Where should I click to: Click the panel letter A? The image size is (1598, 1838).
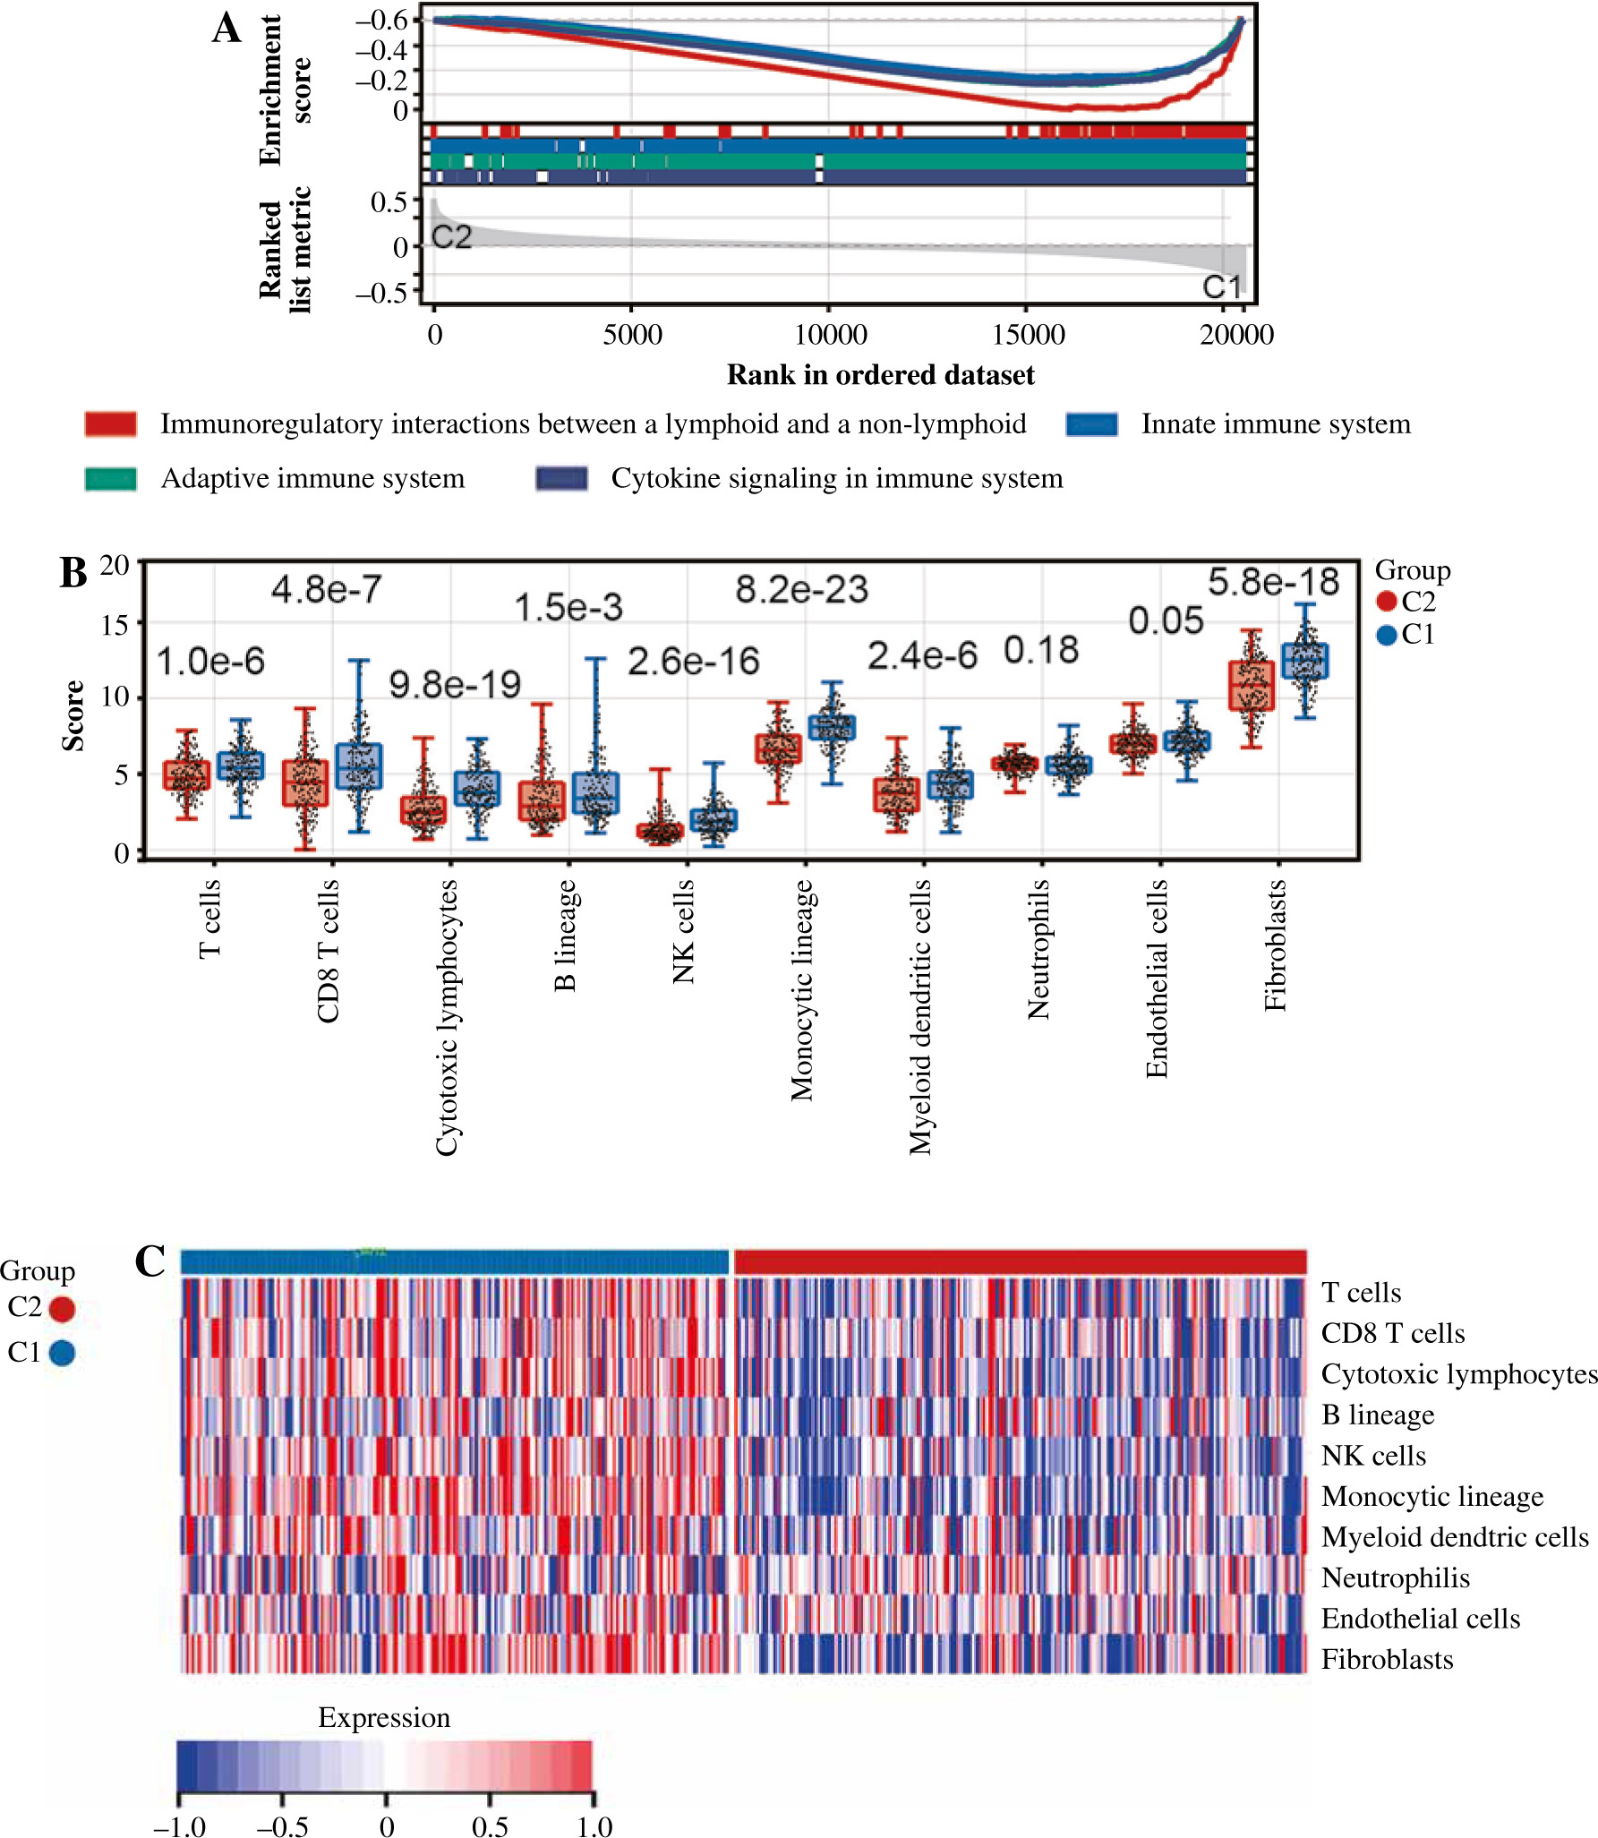[x=226, y=29]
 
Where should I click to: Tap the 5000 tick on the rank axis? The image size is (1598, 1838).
[x=632, y=335]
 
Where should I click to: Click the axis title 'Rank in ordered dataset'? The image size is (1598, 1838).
[x=880, y=374]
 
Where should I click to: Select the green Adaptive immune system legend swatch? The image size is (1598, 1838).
[x=111, y=479]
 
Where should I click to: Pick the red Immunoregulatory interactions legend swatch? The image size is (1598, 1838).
[x=111, y=423]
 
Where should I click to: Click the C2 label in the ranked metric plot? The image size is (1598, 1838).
[x=451, y=237]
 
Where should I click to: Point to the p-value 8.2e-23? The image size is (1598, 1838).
[x=801, y=590]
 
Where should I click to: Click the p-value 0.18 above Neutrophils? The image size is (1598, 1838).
[x=1041, y=651]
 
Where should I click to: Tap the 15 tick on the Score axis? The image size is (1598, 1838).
[x=115, y=624]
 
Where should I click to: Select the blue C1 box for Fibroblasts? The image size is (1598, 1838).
[x=1305, y=661]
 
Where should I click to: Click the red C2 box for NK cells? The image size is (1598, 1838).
[x=660, y=832]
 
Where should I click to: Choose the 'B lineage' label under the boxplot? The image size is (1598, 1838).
[x=565, y=935]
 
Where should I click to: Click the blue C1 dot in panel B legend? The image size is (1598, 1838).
[x=1387, y=636]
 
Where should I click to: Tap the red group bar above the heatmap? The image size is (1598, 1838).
[x=1020, y=1261]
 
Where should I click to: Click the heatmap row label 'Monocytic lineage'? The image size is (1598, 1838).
[x=1432, y=1496]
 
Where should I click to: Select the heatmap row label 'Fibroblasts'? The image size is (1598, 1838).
[x=1387, y=1659]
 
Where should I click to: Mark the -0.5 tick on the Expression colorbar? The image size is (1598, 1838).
[x=283, y=1825]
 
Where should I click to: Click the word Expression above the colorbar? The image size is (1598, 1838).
[x=384, y=1717]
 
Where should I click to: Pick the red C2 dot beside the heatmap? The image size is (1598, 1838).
[x=62, y=1309]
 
